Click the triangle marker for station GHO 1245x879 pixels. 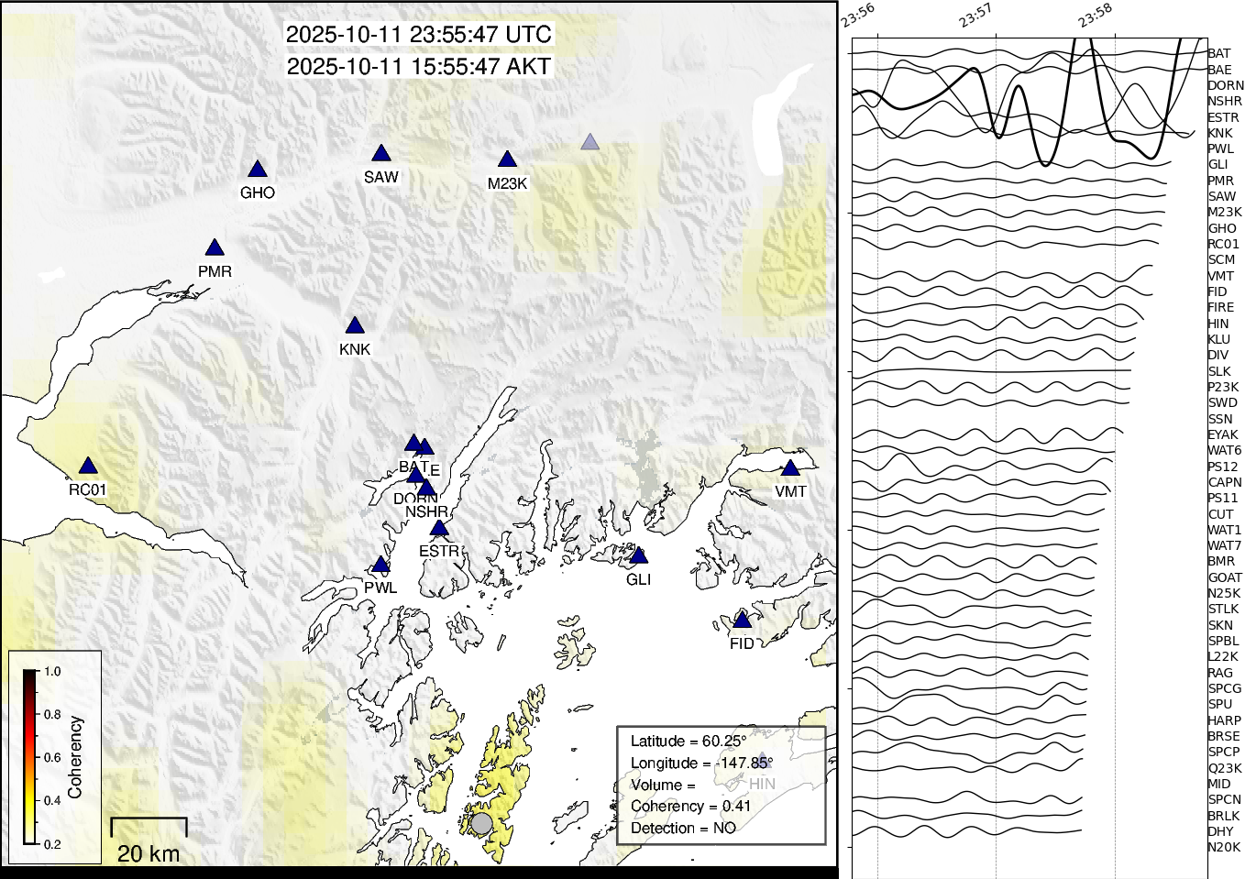(x=258, y=170)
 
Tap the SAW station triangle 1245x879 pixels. (x=381, y=154)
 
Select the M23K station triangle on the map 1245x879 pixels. (x=507, y=160)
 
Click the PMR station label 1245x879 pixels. (x=215, y=271)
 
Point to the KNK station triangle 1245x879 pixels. (x=355, y=326)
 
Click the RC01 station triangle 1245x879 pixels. (x=88, y=467)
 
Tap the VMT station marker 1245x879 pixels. (x=790, y=468)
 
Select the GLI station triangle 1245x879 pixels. (x=639, y=556)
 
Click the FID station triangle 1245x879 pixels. (x=742, y=621)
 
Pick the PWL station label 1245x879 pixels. (x=380, y=588)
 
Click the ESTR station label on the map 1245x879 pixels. (x=438, y=551)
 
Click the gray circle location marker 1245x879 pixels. (x=481, y=822)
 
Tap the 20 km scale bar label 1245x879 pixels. (x=149, y=853)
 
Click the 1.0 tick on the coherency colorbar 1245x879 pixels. (x=52, y=672)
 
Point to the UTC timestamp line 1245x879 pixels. (x=419, y=35)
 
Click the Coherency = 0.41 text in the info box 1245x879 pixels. (x=690, y=807)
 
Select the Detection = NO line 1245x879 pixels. (x=683, y=829)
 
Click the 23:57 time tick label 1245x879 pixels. (x=975, y=16)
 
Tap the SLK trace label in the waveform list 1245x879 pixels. (x=1219, y=371)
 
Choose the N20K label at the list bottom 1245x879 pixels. (x=1224, y=847)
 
